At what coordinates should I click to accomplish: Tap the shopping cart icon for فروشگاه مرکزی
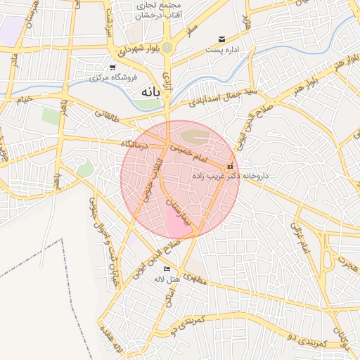point(112,67)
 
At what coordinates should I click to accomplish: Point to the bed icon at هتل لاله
point(167,269)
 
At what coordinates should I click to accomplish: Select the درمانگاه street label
point(135,143)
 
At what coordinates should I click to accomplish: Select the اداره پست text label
point(224,50)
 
